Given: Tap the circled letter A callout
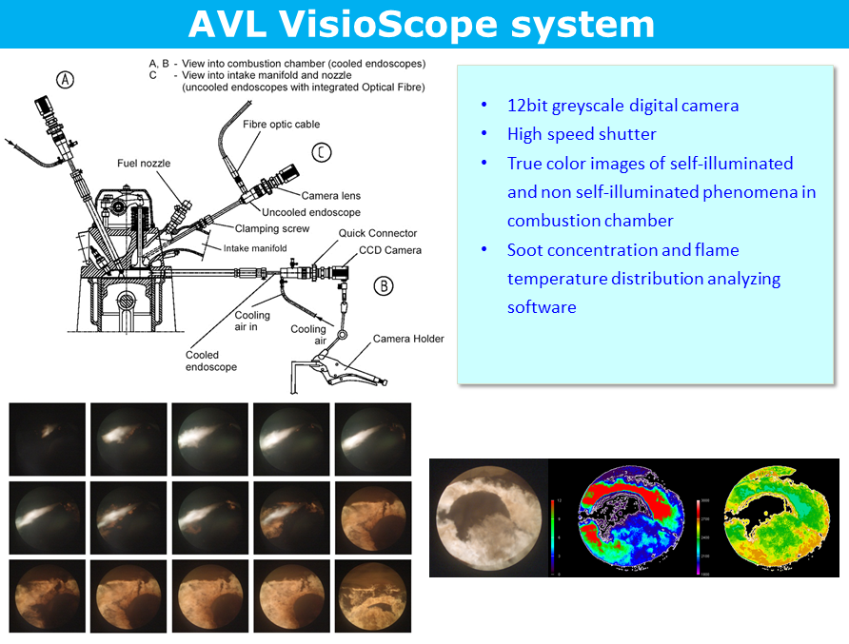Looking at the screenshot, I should point(65,80).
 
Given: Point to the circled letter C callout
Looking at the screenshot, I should point(323,151).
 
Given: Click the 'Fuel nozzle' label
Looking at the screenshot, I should point(144,164).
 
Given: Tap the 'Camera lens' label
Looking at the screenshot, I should point(331,196).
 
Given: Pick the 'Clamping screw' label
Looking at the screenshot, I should point(270,228).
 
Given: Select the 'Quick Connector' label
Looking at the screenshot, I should point(378,234).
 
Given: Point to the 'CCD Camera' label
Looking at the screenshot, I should point(390,250).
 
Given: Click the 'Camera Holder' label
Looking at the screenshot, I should point(407,339).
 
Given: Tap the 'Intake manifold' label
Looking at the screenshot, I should point(254,248).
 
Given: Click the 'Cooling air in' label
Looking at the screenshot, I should point(253,322).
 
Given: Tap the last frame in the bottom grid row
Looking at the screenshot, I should point(373,597).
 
